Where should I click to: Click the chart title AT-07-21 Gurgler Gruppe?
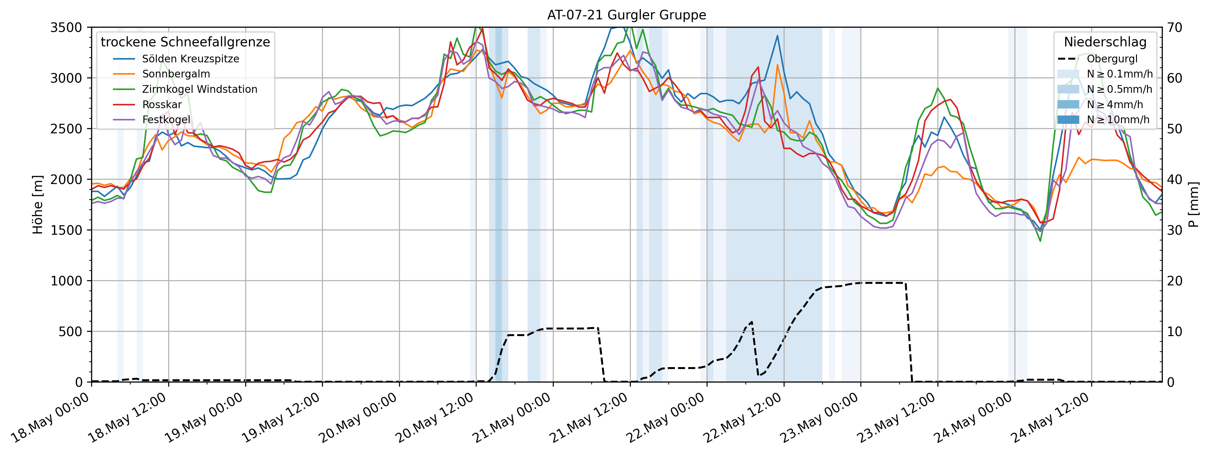point(626,15)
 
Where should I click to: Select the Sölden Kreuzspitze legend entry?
point(190,59)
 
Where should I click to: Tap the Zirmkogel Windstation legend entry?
point(200,89)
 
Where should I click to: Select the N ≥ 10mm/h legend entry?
point(1118,120)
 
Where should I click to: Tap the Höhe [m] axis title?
point(37,205)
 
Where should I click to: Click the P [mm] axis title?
point(1193,205)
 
